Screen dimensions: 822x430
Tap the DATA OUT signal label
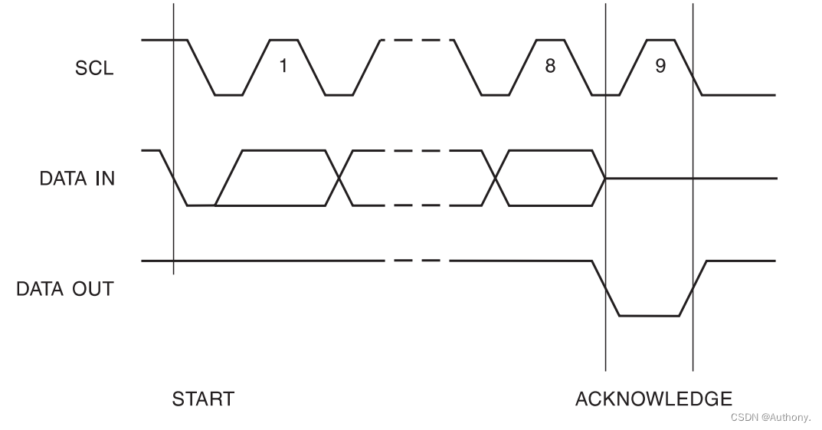pyautogui.click(x=65, y=290)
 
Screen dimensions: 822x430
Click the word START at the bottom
pyautogui.click(x=203, y=399)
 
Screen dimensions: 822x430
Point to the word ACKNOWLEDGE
pyautogui.click(x=653, y=399)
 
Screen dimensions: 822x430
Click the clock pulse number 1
pyautogui.click(x=283, y=66)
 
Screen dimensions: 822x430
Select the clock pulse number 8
pyautogui.click(x=549, y=66)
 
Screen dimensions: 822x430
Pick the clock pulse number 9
pyautogui.click(x=660, y=66)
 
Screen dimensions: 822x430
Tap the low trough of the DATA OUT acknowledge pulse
pyautogui.click(x=649, y=315)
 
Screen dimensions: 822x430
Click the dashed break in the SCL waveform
pyautogui.click(x=416, y=40)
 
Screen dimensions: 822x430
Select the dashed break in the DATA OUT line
pyautogui.click(x=416, y=261)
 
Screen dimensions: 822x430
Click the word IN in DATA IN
pyautogui.click(x=103, y=179)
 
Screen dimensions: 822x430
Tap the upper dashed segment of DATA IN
pyautogui.click(x=416, y=150)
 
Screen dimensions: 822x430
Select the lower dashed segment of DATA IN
pyautogui.click(x=416, y=205)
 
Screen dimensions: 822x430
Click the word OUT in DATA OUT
pyautogui.click(x=93, y=290)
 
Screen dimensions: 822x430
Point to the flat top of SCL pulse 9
pyautogui.click(x=661, y=40)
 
